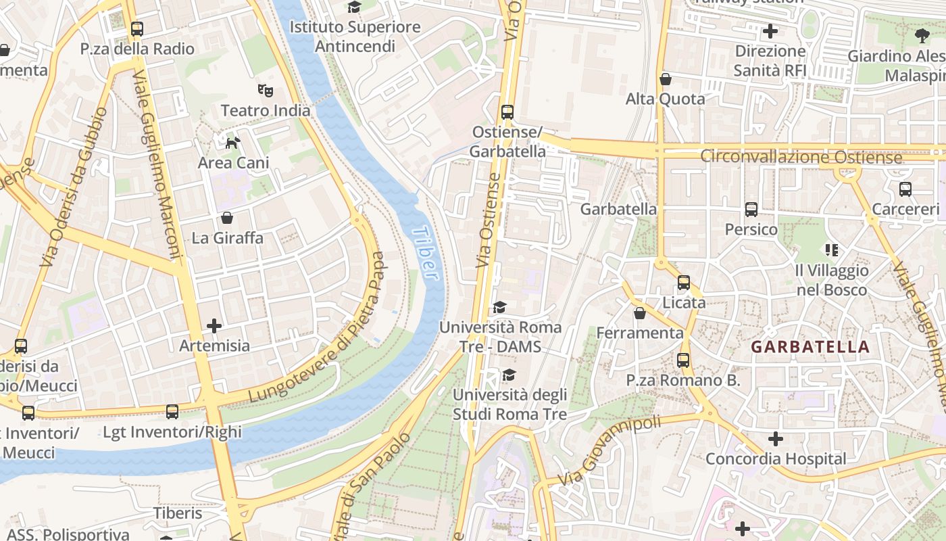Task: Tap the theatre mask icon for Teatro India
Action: (265, 89)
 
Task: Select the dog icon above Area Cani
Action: (232, 142)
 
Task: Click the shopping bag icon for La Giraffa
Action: (227, 218)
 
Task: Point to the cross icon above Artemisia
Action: (214, 326)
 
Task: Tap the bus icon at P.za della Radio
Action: (137, 29)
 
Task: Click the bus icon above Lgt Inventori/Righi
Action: (172, 412)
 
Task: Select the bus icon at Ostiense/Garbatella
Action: (507, 112)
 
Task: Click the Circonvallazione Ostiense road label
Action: (801, 157)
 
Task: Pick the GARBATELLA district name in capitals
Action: (810, 347)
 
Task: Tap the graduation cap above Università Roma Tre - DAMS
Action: (499, 308)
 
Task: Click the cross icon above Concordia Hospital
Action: (776, 440)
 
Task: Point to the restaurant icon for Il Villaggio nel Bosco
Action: (832, 250)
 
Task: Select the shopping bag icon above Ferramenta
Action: (639, 313)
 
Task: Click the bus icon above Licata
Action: (684, 283)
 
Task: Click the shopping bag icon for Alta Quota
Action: (666, 79)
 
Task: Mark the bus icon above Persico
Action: (751, 210)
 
